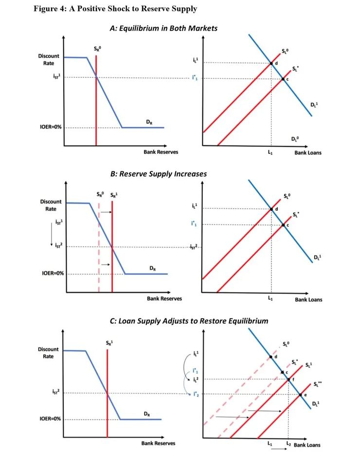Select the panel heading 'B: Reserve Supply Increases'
click(x=159, y=174)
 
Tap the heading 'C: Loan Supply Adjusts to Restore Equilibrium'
click(x=189, y=321)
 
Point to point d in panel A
click(x=271, y=63)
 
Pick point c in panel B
click(x=283, y=224)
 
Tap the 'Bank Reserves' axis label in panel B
click(x=164, y=298)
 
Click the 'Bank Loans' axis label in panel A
click(x=307, y=153)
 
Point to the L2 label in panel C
click(x=288, y=444)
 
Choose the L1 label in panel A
click(x=271, y=153)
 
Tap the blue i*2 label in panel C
click(x=196, y=394)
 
